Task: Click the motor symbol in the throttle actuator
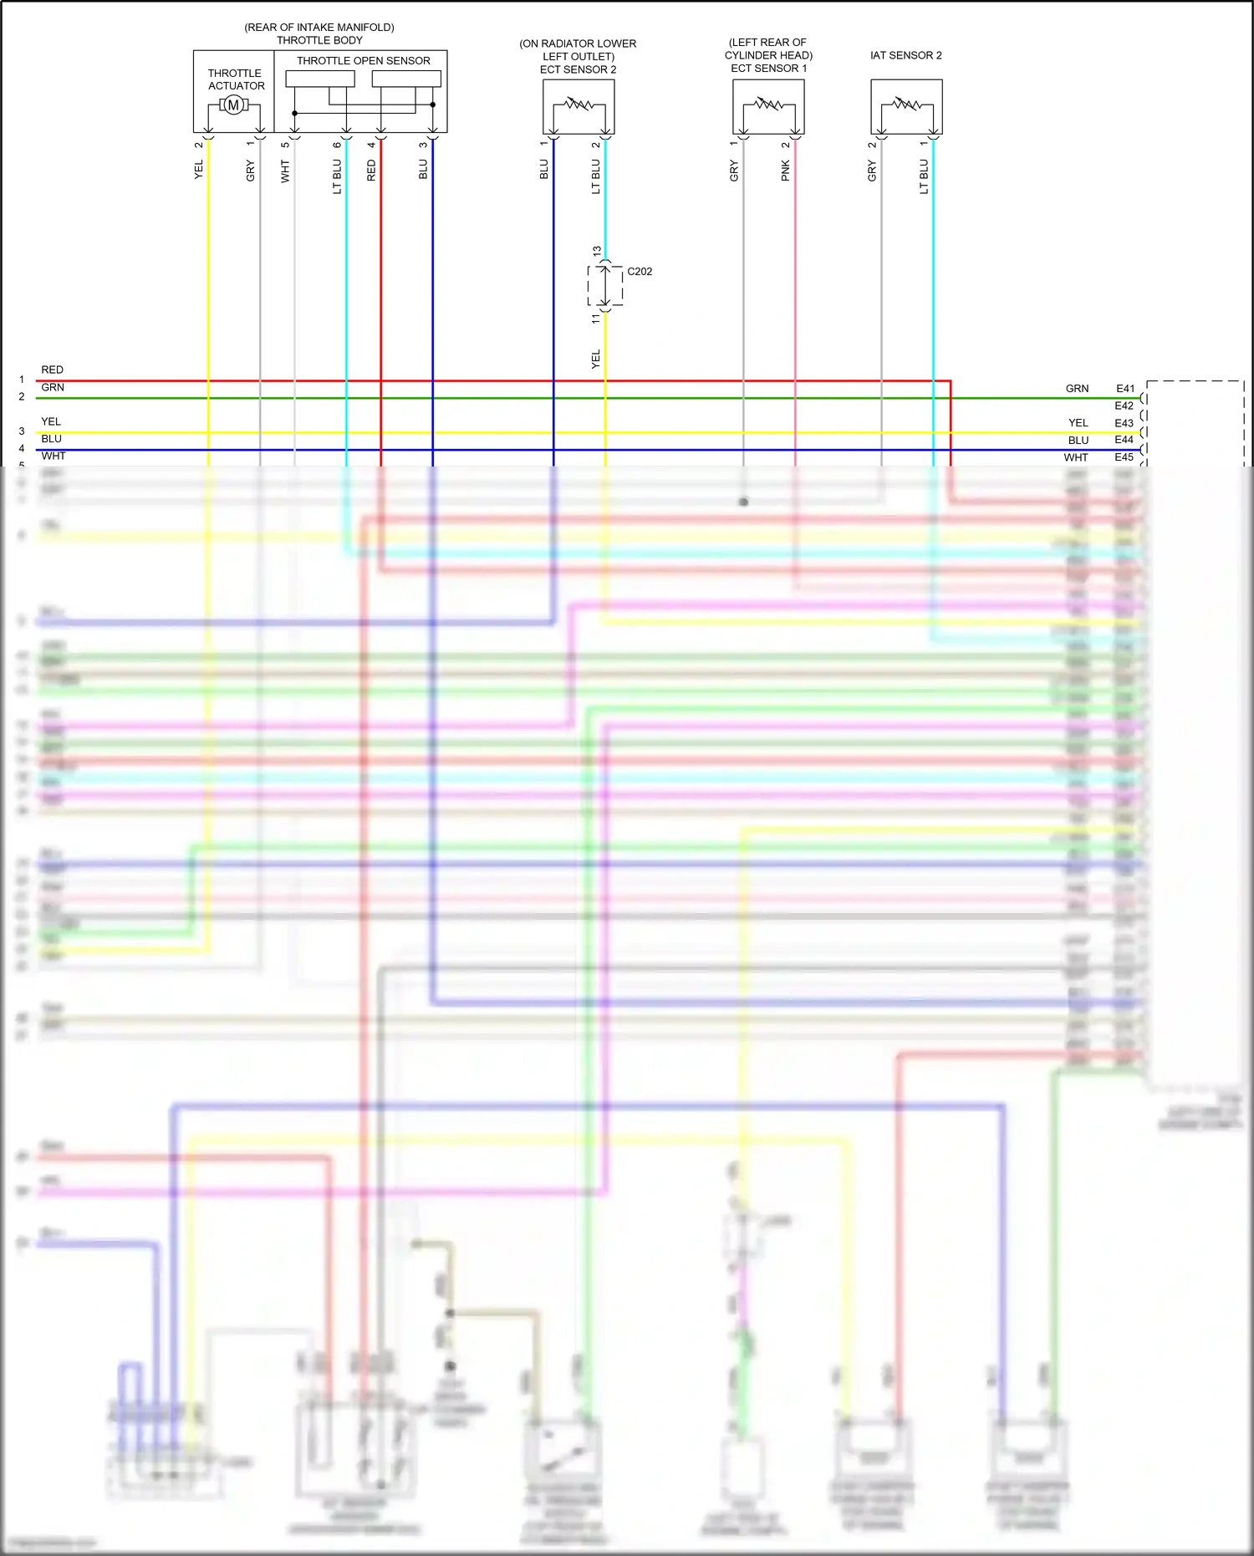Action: click(x=233, y=105)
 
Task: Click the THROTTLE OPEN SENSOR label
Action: click(x=363, y=61)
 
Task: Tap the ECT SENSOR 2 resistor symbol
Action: click(x=579, y=105)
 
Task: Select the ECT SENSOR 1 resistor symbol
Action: click(x=768, y=105)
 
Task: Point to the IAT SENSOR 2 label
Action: click(x=905, y=55)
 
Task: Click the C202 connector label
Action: click(x=640, y=272)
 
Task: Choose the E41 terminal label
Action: click(x=1125, y=389)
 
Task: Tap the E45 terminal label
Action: click(x=1124, y=457)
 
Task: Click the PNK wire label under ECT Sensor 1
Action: click(x=786, y=171)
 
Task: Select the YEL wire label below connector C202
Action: click(x=596, y=360)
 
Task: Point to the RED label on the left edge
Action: click(x=52, y=370)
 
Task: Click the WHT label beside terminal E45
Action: click(x=1076, y=457)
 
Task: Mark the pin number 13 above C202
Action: click(x=597, y=251)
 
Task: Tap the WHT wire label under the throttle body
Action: click(x=285, y=171)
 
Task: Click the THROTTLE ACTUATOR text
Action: click(x=236, y=79)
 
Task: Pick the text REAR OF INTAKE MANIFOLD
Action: click(x=319, y=28)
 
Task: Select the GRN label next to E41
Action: click(x=1077, y=389)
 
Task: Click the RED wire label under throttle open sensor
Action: click(x=371, y=171)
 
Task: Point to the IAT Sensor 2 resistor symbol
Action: click(x=906, y=105)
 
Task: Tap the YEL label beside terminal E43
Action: click(x=1078, y=423)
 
